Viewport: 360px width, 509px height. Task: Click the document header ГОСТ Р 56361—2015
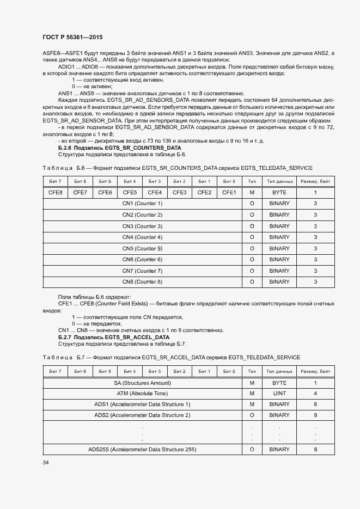tap(72, 37)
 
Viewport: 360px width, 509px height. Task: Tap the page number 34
tap(46, 462)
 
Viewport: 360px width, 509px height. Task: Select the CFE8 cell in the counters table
tap(55, 192)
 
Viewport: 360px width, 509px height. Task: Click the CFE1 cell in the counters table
tap(229, 192)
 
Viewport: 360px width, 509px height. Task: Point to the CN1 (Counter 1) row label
tap(142, 204)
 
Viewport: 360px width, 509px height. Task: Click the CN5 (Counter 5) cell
tap(142, 248)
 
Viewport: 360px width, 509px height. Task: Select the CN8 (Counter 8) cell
tap(142, 282)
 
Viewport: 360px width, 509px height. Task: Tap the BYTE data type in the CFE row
tap(279, 192)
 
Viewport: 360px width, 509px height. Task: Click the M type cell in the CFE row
tap(252, 192)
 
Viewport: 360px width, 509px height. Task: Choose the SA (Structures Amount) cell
tap(142, 383)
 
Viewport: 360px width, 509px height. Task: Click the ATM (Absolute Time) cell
tap(142, 394)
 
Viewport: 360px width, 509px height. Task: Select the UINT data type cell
tap(279, 394)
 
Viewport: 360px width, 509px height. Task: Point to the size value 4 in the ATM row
tap(315, 394)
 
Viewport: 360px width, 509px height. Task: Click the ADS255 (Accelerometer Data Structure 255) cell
tap(142, 450)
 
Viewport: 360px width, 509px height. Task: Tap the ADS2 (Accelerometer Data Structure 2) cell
tap(142, 415)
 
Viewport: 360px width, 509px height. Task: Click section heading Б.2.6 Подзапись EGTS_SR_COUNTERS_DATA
tap(119, 148)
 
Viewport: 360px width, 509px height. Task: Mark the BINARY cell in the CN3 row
tap(279, 226)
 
